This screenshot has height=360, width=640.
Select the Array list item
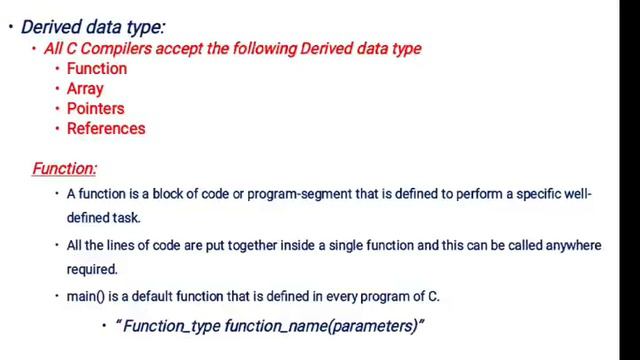point(85,88)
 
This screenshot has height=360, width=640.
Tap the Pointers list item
point(95,108)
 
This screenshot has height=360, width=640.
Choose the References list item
point(106,128)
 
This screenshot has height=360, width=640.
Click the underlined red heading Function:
point(64,169)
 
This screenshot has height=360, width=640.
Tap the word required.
point(92,269)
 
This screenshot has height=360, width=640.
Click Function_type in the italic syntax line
point(171,326)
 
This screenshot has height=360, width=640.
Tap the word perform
point(478,194)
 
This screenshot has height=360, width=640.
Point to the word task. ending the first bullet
point(127,217)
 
